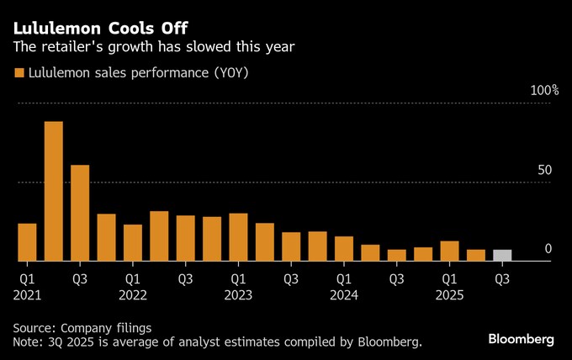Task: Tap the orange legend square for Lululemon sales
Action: (19, 73)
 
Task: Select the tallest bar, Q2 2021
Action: (54, 192)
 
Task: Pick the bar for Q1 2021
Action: (27, 242)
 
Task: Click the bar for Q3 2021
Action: (80, 213)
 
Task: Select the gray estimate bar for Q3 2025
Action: (502, 256)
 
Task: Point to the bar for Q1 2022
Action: (133, 243)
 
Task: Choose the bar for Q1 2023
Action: (238, 237)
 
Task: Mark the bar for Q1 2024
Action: (344, 249)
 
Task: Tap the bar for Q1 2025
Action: (449, 251)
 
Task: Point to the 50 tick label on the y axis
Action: (544, 170)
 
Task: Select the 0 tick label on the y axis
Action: (548, 249)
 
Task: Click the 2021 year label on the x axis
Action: (28, 295)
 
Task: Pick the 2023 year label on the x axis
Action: (239, 295)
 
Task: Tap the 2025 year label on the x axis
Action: (450, 295)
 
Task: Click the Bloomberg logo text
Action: (521, 339)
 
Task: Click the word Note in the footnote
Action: (28, 342)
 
